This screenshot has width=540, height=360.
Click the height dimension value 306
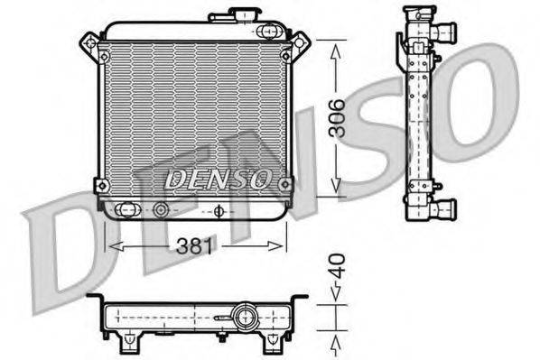pyautogui.click(x=336, y=117)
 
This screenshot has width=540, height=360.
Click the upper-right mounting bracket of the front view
pyautogui.click(x=300, y=42)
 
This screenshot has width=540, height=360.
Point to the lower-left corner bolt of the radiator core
pyautogui.click(x=101, y=186)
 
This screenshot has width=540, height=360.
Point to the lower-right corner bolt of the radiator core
pyautogui.click(x=286, y=185)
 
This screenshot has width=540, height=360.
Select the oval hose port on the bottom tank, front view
pyautogui.click(x=127, y=211)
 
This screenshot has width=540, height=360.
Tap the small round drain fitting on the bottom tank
pyautogui.click(x=162, y=211)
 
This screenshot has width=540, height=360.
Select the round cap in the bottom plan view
pyautogui.click(x=243, y=317)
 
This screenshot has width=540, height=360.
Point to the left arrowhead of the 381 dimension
pyautogui.click(x=111, y=246)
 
